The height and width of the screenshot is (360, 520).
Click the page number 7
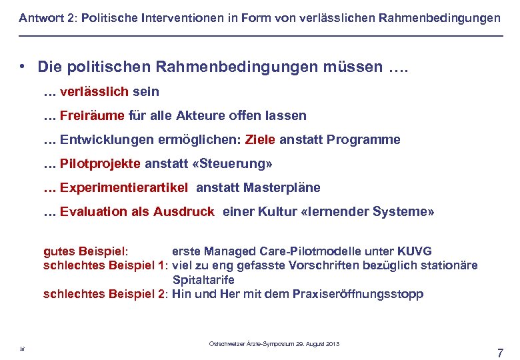(500, 353)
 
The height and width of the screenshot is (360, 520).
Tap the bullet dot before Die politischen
(23, 67)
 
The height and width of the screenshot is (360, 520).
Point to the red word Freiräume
(92, 115)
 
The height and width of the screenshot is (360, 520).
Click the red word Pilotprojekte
(100, 163)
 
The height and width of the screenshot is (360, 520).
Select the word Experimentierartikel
(124, 187)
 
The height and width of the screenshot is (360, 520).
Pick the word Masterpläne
(282, 187)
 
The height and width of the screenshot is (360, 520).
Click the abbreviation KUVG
(414, 251)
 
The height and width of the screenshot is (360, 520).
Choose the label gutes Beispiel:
(85, 251)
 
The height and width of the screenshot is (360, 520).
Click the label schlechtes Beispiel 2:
(105, 294)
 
